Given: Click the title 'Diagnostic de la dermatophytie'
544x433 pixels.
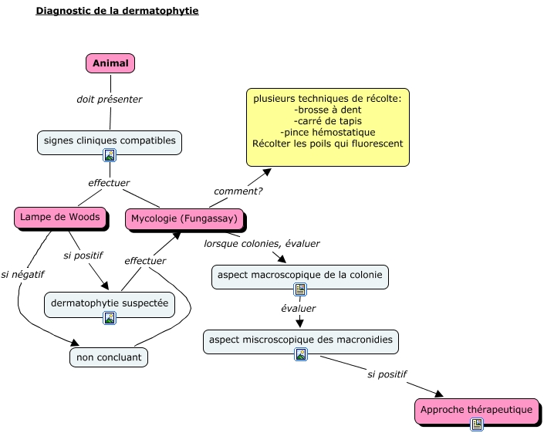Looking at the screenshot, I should [117, 12].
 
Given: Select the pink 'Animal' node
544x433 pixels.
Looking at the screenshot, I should [110, 63].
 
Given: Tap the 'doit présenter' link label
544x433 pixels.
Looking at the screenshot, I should [109, 99].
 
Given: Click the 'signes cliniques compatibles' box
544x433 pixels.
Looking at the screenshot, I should [110, 140].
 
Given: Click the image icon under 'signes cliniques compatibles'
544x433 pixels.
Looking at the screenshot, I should [110, 155].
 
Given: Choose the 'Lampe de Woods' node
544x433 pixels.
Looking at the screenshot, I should [59, 218].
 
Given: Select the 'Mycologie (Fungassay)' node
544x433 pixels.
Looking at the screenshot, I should [184, 219].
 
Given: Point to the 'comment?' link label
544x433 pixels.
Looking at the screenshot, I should [238, 191].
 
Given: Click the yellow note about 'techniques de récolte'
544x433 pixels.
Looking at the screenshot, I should [327, 127].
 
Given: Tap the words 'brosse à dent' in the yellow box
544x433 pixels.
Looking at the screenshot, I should [328, 110].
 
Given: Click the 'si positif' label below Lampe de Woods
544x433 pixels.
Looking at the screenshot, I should [83, 255].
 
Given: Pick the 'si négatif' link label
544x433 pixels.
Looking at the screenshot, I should [22, 273].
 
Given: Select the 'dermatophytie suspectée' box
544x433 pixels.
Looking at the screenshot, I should [109, 303].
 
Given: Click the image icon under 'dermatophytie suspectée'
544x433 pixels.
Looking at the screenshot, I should [110, 317].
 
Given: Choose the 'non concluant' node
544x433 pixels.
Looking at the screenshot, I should [109, 357].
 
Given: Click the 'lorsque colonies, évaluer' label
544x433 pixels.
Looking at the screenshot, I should [262, 243].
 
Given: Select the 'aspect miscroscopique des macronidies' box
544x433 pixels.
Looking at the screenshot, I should [300, 340].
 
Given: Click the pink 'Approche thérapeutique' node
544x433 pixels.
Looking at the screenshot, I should [476, 410].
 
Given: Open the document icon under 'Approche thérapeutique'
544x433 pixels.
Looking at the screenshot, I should [477, 424].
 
